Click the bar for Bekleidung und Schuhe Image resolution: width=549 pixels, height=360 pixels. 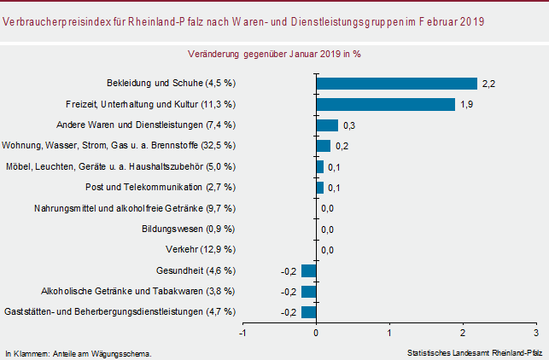pos(396,84)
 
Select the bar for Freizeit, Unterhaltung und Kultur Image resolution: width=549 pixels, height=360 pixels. pos(385,104)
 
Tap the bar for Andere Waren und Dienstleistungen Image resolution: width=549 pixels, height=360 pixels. pos(327,125)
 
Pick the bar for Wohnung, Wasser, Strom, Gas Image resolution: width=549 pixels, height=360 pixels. pos(324,146)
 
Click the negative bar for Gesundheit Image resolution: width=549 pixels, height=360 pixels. pos(309,270)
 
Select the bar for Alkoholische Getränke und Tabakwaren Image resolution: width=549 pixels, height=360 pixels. pos(309,292)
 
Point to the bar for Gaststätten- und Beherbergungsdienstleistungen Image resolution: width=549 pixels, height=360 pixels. pos(309,312)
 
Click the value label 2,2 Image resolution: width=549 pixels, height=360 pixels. pos(489,84)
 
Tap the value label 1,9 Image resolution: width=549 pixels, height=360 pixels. pos(467,104)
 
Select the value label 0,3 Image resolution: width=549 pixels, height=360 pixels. pos(350,125)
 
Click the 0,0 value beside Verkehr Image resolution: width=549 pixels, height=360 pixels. pos(327,250)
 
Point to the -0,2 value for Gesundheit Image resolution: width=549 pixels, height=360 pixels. pos(288,271)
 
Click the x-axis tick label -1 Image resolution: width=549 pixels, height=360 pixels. pos(243,333)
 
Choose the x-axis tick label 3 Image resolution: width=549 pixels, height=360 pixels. pos(536,333)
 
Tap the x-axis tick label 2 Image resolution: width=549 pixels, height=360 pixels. pos(463,333)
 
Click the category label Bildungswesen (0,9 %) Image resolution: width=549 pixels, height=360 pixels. pos(189,229)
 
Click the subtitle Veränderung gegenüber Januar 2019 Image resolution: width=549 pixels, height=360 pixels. pos(273,53)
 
